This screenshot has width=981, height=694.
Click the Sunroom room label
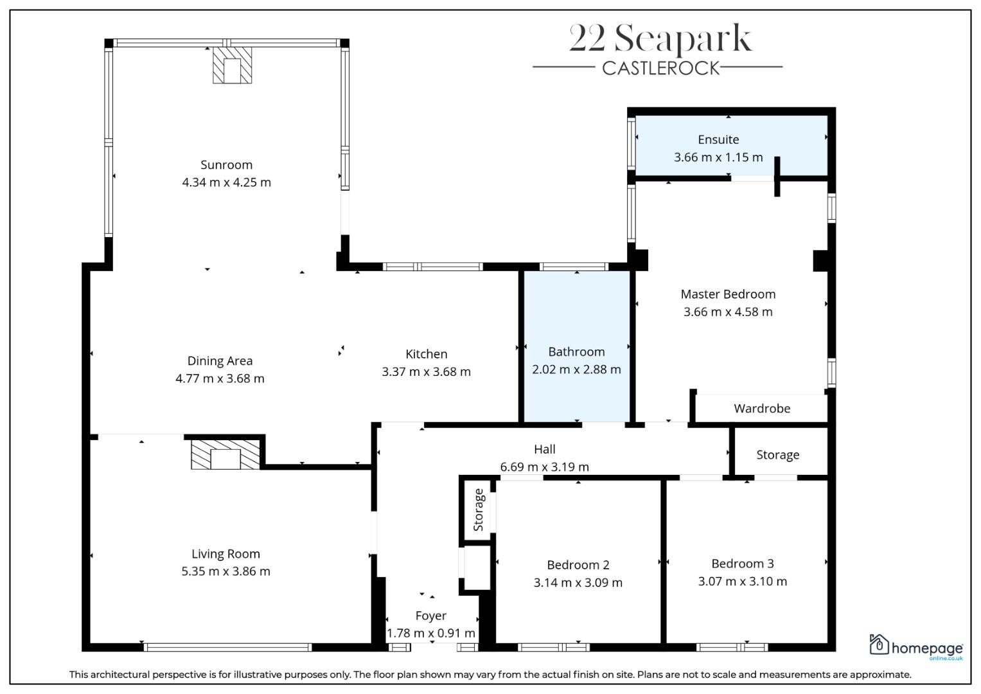226,165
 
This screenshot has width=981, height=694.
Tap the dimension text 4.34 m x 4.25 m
226,182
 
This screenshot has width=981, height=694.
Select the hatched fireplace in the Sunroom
232,65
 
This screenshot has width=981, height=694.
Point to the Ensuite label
718,139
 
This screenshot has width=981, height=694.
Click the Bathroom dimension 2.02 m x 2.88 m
576,369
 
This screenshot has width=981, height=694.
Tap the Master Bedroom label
728,294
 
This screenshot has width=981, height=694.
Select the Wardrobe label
762,408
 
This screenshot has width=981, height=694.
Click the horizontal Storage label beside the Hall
778,455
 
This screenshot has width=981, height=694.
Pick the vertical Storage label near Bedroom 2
478,510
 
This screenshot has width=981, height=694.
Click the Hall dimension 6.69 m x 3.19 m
544,467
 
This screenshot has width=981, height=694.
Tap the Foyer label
431,616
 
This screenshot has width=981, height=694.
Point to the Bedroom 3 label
742,564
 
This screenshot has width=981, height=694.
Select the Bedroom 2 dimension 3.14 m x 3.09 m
578,582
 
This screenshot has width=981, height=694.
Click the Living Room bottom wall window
227,647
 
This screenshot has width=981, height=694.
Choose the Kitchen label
426,354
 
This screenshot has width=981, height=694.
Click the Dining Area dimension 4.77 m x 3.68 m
220,378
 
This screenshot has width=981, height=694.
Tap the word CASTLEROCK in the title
661,68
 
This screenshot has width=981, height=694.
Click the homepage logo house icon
878,644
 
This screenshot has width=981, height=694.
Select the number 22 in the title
587,39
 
